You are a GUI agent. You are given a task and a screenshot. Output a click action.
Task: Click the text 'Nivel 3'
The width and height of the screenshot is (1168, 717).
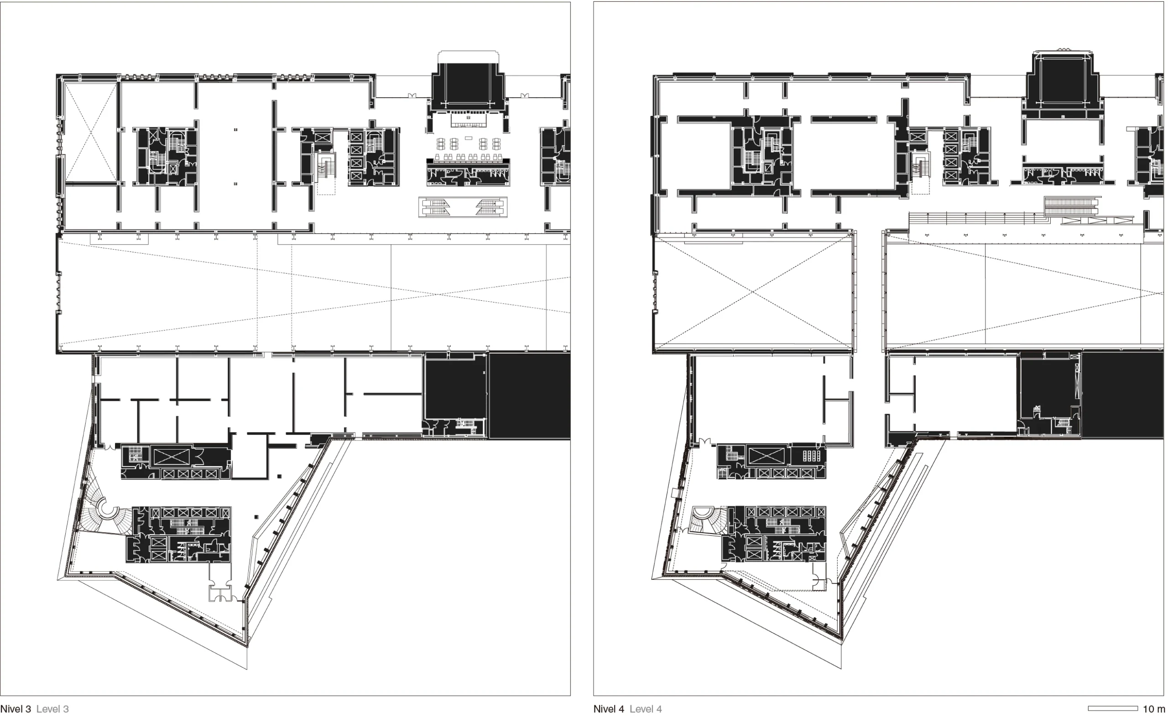click(x=16, y=708)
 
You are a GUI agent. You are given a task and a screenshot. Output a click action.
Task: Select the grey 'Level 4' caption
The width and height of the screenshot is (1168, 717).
click(x=646, y=708)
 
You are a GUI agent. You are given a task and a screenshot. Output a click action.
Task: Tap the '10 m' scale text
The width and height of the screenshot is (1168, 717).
click(x=1154, y=708)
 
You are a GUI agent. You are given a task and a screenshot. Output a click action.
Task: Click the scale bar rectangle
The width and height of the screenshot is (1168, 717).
click(x=1112, y=708)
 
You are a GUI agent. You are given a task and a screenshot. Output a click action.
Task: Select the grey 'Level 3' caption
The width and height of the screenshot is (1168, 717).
click(x=52, y=708)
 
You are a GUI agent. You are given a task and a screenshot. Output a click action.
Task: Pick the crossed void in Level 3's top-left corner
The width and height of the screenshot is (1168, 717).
click(x=90, y=132)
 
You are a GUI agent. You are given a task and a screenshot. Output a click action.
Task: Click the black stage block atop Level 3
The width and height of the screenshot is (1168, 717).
click(x=468, y=87)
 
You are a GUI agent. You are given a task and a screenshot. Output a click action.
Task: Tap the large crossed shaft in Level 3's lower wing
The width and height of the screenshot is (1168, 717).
click(x=171, y=457)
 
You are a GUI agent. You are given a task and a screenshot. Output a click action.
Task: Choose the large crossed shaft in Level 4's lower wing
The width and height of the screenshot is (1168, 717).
click(x=766, y=456)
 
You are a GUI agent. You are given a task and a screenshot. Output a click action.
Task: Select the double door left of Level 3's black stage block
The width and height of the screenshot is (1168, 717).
click(x=412, y=96)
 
